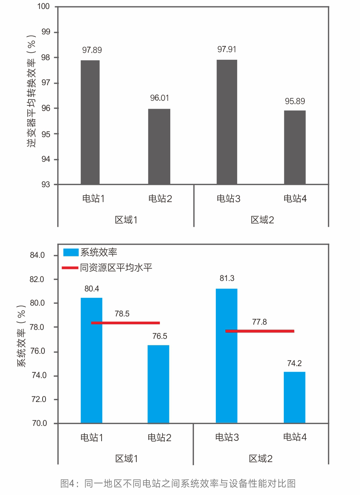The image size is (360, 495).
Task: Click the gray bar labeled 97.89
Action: click(x=90, y=122)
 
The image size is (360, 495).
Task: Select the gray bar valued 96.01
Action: click(x=159, y=146)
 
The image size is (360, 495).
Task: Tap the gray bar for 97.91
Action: click(x=227, y=122)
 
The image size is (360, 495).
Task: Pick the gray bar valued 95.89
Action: click(x=295, y=147)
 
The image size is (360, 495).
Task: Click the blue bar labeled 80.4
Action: click(x=91, y=361)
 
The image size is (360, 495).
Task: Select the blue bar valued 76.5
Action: click(x=158, y=384)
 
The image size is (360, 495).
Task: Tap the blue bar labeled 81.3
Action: click(x=227, y=356)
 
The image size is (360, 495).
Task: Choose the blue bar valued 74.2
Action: click(x=294, y=397)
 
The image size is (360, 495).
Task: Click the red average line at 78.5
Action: click(x=125, y=323)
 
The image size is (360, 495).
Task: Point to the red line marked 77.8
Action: click(x=260, y=331)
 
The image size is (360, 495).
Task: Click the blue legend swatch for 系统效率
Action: click(x=71, y=253)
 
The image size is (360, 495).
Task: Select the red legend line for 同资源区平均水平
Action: click(x=70, y=268)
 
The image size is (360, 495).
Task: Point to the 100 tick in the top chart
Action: click(x=44, y=6)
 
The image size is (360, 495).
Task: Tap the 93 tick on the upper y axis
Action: click(x=46, y=185)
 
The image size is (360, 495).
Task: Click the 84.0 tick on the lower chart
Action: click(x=37, y=255)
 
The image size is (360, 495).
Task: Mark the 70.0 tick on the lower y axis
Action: click(x=40, y=423)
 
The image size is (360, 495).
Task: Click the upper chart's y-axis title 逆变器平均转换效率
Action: click(x=31, y=92)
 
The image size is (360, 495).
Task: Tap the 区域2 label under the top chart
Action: click(x=262, y=220)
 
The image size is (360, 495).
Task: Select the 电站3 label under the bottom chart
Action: click(x=227, y=437)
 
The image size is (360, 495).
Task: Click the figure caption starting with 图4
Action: click(x=178, y=483)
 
